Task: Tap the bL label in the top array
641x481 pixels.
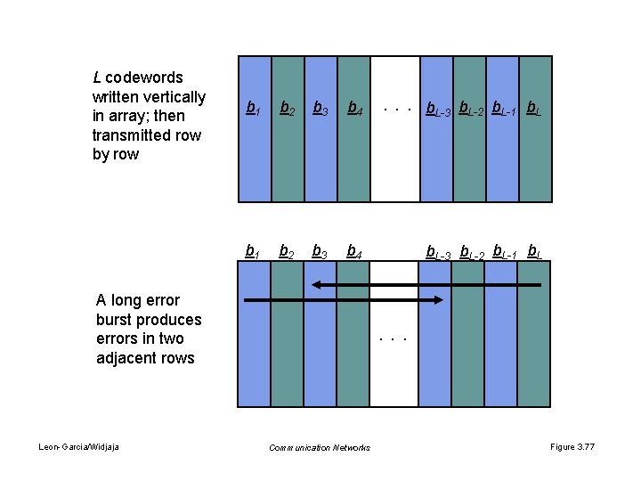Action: pos(534,110)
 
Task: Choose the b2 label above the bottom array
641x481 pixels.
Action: pos(288,251)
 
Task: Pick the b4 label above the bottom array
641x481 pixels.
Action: pos(353,251)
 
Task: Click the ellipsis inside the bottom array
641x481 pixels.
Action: pos(393,339)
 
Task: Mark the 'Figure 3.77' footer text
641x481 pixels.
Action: pos(573,446)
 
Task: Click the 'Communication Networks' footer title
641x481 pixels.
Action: pos(320,447)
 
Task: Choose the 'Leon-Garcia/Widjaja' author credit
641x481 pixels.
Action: pos(79,446)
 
